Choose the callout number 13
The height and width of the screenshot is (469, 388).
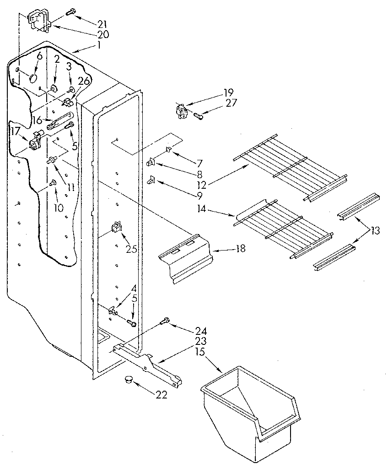point(375,231)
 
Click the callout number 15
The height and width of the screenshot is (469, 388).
point(200,351)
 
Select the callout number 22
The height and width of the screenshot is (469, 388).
point(161,394)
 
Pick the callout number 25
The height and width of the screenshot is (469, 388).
point(131,249)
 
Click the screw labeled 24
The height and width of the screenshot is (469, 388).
point(166,322)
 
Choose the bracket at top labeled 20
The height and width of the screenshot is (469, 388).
point(38,22)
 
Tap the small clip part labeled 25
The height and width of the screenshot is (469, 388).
point(117,228)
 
